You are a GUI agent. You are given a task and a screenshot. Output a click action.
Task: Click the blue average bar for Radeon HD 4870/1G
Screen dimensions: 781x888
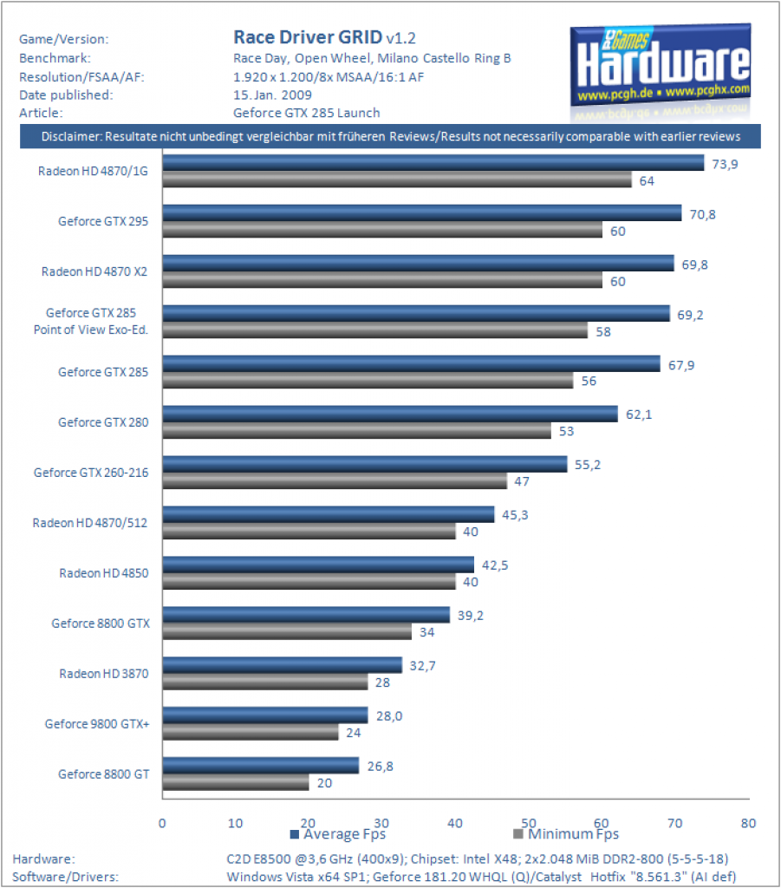(433, 162)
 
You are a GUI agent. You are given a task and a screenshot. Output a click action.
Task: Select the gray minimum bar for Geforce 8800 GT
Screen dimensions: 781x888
(236, 782)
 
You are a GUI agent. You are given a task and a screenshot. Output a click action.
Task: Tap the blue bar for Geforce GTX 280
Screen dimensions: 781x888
(390, 414)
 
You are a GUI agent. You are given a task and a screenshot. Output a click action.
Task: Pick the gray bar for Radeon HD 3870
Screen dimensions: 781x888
(265, 682)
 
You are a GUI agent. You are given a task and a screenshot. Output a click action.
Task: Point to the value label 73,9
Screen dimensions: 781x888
(725, 164)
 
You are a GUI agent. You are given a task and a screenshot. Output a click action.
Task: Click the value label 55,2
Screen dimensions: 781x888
(588, 465)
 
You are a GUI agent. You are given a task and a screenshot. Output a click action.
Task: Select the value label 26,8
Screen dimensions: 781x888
(381, 767)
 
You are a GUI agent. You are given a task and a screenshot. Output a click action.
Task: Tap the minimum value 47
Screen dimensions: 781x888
(522, 481)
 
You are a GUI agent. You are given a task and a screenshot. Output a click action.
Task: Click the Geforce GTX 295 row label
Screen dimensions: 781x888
(103, 221)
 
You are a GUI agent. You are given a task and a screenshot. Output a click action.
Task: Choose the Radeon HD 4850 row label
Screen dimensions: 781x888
(104, 573)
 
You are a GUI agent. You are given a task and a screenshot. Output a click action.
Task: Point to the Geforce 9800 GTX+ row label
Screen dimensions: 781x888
(97, 724)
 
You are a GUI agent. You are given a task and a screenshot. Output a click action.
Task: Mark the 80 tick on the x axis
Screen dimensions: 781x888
(748, 823)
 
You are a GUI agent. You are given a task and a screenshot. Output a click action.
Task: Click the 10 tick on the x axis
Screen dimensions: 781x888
(236, 823)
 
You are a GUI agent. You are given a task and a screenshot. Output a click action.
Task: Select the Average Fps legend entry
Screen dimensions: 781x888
(338, 834)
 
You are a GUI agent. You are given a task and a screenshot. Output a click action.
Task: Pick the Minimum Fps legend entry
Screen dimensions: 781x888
(566, 834)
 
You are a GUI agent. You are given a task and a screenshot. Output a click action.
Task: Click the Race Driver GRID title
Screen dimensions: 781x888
(308, 37)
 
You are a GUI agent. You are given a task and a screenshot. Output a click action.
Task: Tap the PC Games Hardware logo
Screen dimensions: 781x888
(661, 71)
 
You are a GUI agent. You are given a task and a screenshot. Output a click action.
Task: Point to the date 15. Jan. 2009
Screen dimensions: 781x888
(272, 95)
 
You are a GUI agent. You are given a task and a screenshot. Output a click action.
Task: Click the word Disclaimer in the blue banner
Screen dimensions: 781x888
(71, 136)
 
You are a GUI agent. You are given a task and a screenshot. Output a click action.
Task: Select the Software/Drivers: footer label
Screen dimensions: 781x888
(66, 877)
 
